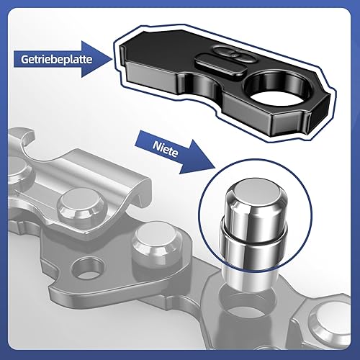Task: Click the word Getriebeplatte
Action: coord(57,59)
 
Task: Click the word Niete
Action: coord(166,149)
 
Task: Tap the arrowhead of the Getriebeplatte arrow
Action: coord(96,59)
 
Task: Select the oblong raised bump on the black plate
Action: coord(221,64)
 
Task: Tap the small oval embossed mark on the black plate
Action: coord(234,54)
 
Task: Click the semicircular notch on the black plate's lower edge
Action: coord(201,84)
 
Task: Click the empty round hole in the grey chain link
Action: coord(87,267)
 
